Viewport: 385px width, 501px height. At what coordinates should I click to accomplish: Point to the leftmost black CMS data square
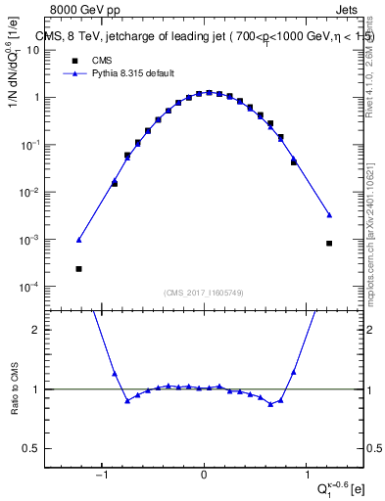(x=78, y=268)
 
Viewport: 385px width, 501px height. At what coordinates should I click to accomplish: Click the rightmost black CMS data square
(x=329, y=243)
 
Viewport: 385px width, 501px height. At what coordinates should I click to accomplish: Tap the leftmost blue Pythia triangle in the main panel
(x=78, y=240)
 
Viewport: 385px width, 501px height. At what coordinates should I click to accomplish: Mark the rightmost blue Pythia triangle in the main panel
(x=329, y=215)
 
